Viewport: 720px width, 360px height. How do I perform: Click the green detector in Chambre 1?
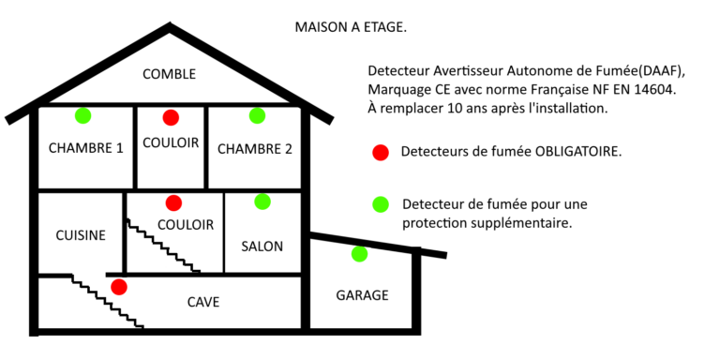pyautogui.click(x=83, y=115)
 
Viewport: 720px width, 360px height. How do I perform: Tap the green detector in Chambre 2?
pyautogui.click(x=257, y=115)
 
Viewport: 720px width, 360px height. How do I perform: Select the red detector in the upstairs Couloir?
pyautogui.click(x=171, y=117)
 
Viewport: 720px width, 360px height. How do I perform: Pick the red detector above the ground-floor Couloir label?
pyautogui.click(x=173, y=202)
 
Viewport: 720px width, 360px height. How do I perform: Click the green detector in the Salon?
pyautogui.click(x=262, y=202)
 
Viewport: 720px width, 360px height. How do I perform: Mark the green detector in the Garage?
pyautogui.click(x=360, y=254)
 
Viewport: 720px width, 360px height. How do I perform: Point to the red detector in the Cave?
pyautogui.click(x=119, y=287)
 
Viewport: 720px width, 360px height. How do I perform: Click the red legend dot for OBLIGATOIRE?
pyautogui.click(x=381, y=153)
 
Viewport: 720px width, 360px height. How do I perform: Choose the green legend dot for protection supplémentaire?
pyautogui.click(x=381, y=204)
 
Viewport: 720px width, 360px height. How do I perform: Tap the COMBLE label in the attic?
pyautogui.click(x=170, y=74)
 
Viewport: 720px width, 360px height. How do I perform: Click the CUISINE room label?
pyautogui.click(x=81, y=235)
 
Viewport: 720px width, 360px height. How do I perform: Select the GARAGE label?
pyautogui.click(x=362, y=295)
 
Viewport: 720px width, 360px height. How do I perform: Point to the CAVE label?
pyautogui.click(x=203, y=302)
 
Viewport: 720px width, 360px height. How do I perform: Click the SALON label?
pyautogui.click(x=262, y=247)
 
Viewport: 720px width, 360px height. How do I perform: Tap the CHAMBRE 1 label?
pyautogui.click(x=86, y=148)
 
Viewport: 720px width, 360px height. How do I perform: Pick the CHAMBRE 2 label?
pyautogui.click(x=255, y=149)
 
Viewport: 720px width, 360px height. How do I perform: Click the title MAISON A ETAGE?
pyautogui.click(x=351, y=27)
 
